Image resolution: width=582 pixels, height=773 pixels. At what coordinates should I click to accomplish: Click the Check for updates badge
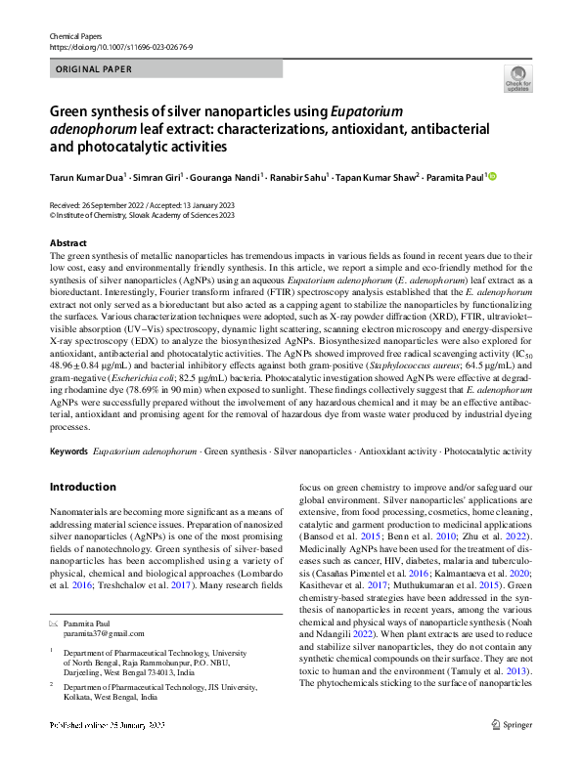(x=518, y=78)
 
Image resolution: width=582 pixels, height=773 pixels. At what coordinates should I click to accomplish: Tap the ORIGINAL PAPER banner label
(x=96, y=68)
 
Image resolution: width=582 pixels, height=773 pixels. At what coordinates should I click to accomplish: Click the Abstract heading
(x=67, y=242)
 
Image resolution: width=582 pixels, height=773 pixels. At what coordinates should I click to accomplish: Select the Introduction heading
(x=82, y=487)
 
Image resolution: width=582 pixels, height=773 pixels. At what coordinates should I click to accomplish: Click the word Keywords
(x=67, y=451)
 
